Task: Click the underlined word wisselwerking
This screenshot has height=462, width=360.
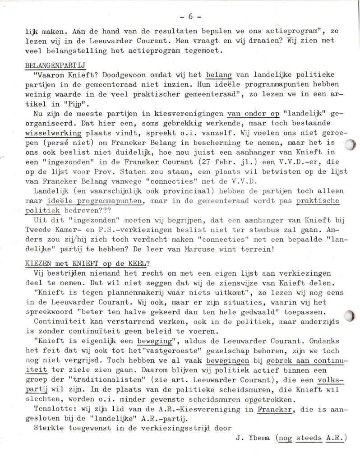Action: coord(53,133)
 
